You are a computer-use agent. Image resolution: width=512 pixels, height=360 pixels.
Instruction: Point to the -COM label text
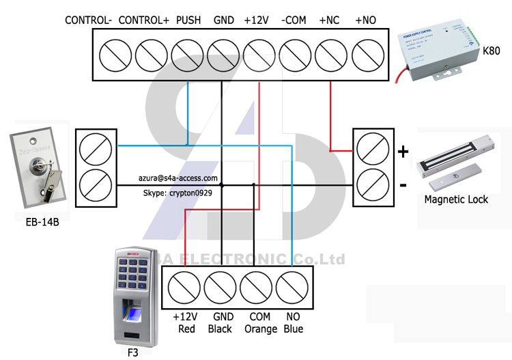(x=294, y=20)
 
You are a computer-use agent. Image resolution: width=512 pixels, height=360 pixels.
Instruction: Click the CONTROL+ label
(x=143, y=20)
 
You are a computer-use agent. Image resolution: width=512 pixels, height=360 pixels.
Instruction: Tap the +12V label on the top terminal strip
(x=257, y=20)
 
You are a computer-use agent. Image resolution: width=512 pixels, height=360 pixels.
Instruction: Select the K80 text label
(x=490, y=51)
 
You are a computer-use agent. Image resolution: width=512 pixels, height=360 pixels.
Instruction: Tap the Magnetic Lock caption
(x=456, y=199)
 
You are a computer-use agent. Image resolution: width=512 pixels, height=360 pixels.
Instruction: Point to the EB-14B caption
(x=38, y=221)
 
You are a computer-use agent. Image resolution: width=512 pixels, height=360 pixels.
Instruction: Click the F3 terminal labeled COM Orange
(x=257, y=286)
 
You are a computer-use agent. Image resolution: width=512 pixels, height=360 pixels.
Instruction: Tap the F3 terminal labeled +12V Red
(x=184, y=286)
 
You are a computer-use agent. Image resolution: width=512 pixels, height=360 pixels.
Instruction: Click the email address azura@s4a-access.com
(x=178, y=178)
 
